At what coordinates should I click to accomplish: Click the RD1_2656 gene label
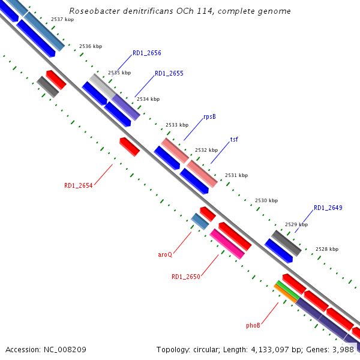coord(146,53)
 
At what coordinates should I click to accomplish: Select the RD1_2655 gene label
coord(169,74)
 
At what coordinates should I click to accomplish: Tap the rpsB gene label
coord(209,117)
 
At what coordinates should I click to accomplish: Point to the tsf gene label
coord(234,139)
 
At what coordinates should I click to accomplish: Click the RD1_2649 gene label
coord(328,208)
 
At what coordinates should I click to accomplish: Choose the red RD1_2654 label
coord(78,186)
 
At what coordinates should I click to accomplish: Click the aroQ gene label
coord(165,254)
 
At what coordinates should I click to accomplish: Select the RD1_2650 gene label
coord(185,277)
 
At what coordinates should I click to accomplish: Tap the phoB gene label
coord(253,325)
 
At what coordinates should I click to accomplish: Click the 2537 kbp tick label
coord(62,20)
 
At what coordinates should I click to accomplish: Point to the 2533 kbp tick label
coord(177,125)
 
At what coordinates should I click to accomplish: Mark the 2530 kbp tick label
coord(266,200)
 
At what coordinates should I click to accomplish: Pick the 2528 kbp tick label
coord(327,249)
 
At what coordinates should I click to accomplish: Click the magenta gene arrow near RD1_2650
coord(227,244)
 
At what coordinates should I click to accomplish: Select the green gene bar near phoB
coord(288,290)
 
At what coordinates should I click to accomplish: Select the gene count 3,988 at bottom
coord(344,349)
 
